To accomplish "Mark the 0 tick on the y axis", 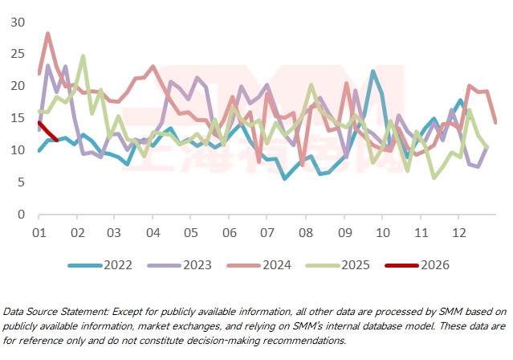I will click(22, 215).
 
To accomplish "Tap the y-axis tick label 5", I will click(22, 182).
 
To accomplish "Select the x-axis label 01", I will click(38, 233).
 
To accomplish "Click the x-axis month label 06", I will click(229, 233).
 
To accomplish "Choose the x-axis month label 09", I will click(344, 233).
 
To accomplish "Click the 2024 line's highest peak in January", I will click(48, 34).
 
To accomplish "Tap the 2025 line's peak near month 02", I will click(83, 56).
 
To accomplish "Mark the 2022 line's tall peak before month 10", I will click(373, 72).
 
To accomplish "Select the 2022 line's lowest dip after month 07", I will click(285, 178).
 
